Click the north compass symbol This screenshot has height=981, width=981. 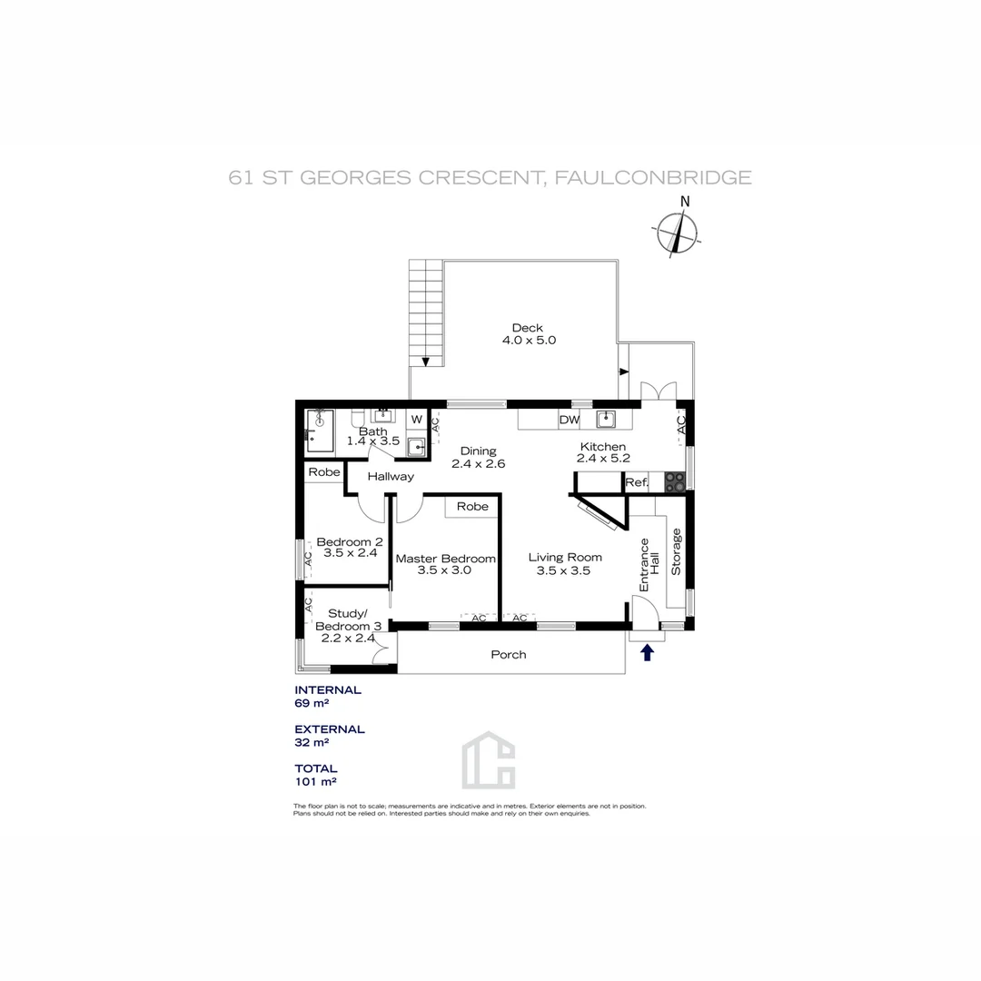tap(679, 233)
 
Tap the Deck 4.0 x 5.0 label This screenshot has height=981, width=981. tap(528, 334)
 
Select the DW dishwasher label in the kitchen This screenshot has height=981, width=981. tap(570, 420)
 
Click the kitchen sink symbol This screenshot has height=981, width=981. tap(607, 420)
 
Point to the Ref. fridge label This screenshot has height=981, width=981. tap(637, 483)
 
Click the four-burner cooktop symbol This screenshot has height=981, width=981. tap(675, 482)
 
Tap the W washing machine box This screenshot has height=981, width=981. tap(416, 420)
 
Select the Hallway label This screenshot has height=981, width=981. tap(391, 476)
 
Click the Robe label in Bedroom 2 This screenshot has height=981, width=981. tap(323, 472)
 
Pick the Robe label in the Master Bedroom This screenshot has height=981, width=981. tap(472, 506)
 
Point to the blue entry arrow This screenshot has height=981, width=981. tap(648, 652)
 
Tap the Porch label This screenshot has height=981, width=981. tap(509, 654)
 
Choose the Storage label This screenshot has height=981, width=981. tap(676, 551)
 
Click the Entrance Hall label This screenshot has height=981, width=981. tap(649, 565)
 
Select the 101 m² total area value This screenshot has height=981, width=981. tap(312, 781)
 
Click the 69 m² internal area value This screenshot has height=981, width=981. tap(310, 703)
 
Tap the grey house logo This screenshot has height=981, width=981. tap(489, 759)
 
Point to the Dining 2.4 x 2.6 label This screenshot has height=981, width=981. tap(478, 457)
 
